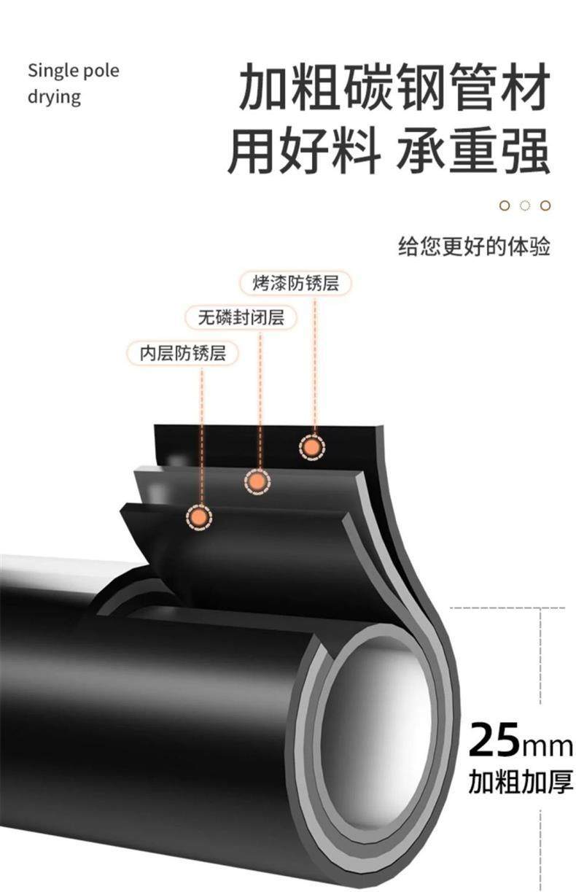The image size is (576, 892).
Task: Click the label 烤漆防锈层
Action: coord(296,283)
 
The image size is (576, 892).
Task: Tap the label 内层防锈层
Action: coord(183,354)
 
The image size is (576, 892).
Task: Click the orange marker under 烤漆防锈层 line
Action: coord(313,447)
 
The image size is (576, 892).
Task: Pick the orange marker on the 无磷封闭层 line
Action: coord(257,481)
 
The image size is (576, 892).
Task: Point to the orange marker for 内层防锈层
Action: coord(198,516)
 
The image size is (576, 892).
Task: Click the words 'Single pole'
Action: coord(73,71)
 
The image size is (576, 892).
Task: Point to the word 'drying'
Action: coord(54,96)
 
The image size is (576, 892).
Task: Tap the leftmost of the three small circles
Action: coord(505,205)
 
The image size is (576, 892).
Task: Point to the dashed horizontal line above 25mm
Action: coord(496,607)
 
